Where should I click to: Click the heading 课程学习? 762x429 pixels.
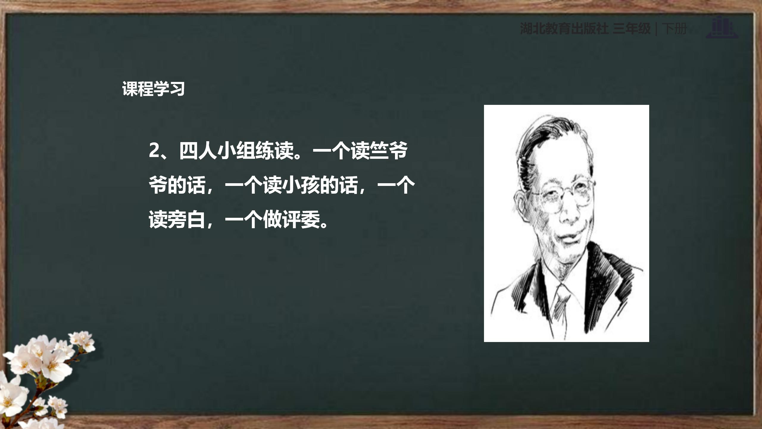153,88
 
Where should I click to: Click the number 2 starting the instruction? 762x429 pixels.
154,150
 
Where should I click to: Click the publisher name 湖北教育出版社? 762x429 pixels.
564,29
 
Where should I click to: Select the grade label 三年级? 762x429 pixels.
632,29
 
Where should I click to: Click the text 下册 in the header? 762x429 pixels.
674,29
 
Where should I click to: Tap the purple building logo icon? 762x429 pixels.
722,28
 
